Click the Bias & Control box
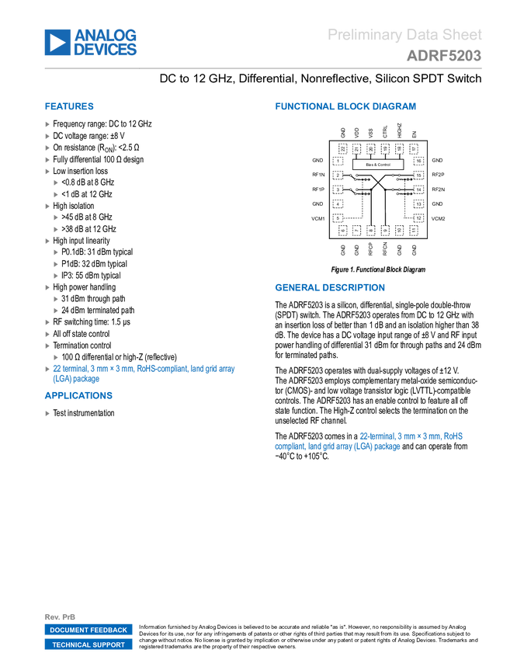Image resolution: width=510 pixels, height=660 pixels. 378,165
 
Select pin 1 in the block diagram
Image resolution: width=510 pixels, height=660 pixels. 338,161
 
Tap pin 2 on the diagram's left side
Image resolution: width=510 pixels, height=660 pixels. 338,175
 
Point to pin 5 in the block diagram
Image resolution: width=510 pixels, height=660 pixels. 338,218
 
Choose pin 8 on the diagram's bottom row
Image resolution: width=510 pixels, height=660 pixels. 370,231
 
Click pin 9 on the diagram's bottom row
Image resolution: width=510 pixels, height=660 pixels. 385,231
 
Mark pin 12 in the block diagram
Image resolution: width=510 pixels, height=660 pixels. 418,218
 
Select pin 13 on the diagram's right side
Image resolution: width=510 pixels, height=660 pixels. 418,204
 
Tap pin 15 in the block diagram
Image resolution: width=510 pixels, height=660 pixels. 418,175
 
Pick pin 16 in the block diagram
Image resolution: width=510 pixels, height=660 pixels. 418,161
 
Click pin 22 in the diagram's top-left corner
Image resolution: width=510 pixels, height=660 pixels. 342,148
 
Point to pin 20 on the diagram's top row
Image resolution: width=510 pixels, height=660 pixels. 370,148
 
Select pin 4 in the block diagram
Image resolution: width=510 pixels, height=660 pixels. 338,204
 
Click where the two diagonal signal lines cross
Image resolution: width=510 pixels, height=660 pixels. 378,182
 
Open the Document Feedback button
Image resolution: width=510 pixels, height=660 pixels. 88,630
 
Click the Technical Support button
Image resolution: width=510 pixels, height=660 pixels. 88,645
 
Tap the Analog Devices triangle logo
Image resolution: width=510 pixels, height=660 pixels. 57,42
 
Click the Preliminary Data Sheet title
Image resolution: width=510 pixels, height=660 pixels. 404,35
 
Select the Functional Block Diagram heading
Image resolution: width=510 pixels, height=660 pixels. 345,107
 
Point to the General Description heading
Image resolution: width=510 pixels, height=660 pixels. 329,287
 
